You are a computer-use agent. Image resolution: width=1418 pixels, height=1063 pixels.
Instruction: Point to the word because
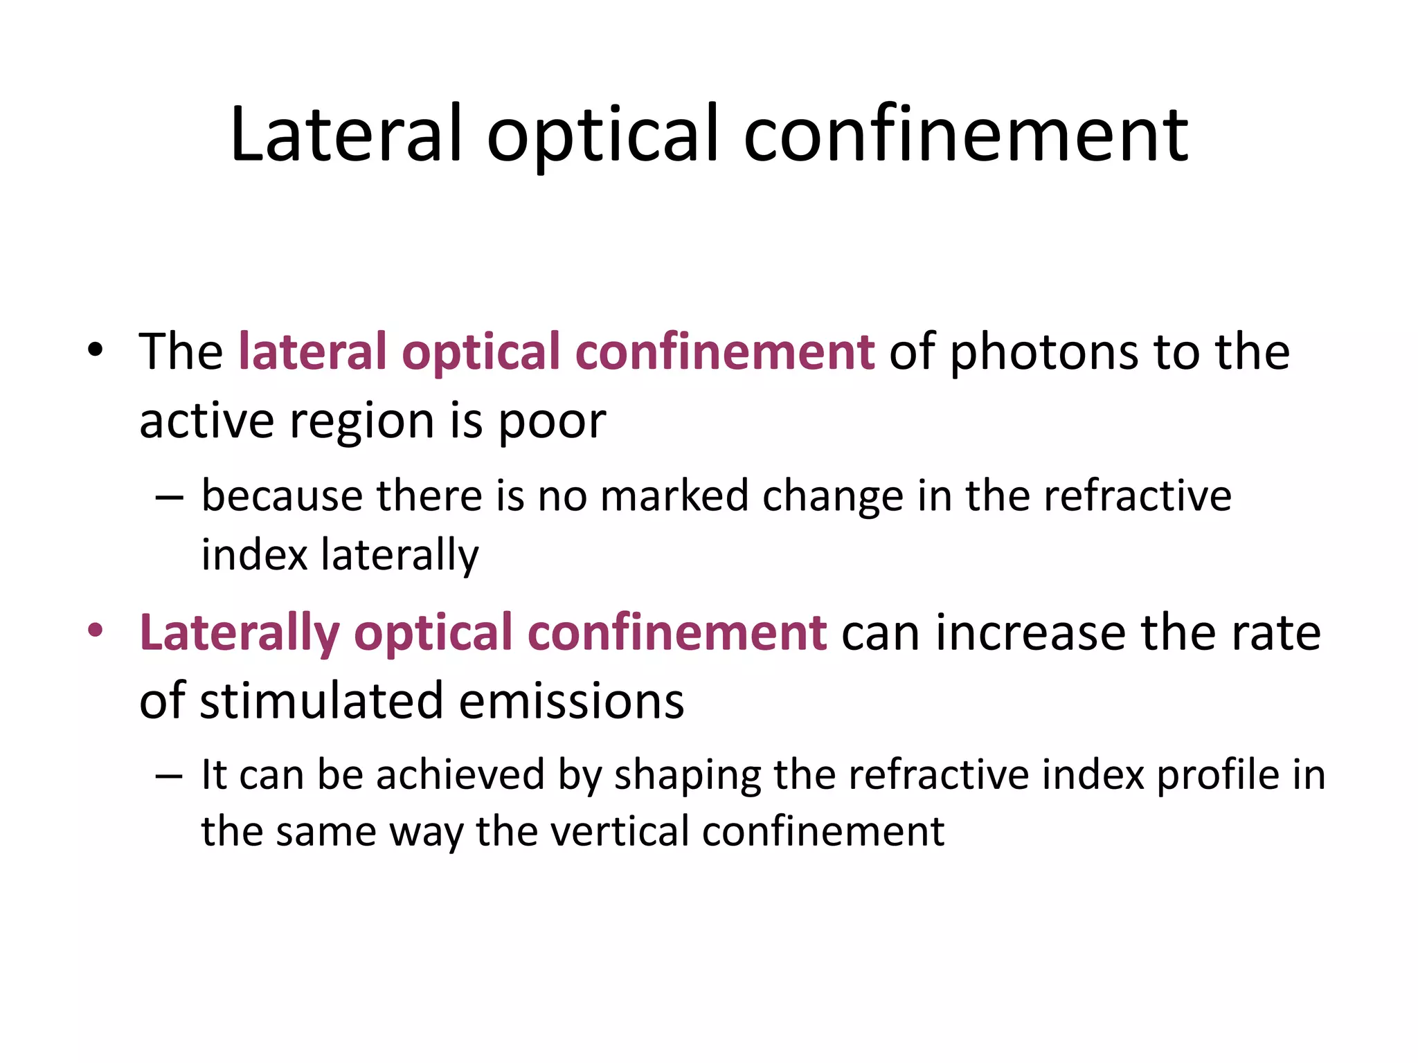click(282, 496)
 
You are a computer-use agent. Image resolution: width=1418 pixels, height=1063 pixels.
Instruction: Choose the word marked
click(674, 496)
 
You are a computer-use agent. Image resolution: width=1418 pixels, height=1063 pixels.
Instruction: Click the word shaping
click(688, 776)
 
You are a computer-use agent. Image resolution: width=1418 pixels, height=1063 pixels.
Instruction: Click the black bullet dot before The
click(96, 349)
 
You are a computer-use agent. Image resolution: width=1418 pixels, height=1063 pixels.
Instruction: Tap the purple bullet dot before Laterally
click(96, 630)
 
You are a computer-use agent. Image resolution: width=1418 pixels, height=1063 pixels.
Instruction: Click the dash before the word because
click(169, 497)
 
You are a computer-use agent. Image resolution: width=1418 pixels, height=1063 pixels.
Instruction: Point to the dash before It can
click(169, 776)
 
